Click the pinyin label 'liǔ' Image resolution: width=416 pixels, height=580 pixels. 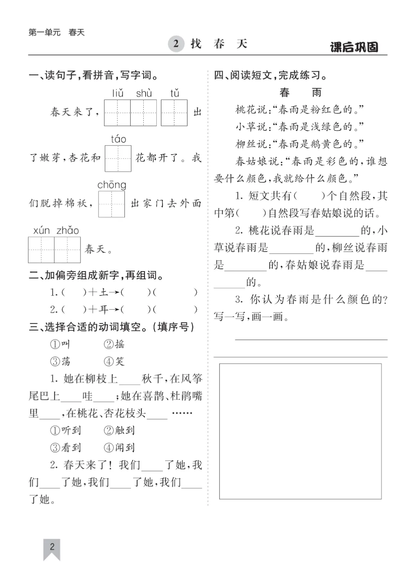[118, 93]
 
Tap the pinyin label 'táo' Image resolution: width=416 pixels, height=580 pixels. [118, 139]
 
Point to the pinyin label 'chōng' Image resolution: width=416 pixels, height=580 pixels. [112, 185]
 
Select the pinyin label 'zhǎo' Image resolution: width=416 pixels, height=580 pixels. [68, 231]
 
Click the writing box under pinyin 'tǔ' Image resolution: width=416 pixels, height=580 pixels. [174, 113]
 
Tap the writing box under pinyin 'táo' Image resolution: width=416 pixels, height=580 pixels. [118, 158]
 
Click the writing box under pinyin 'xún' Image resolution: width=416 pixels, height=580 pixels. [41, 250]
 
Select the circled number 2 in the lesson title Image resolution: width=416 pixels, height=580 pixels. [176, 44]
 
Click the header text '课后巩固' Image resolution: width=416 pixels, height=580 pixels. [354, 47]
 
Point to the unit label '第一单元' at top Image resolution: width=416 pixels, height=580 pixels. [44, 32]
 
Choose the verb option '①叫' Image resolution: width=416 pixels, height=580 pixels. [60, 344]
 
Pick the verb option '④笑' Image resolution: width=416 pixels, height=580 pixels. [114, 361]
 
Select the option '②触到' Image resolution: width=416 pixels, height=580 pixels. [119, 430]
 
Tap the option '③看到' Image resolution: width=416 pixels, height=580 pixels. [65, 448]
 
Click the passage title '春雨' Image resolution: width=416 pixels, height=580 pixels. [300, 93]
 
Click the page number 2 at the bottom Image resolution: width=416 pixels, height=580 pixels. [52, 546]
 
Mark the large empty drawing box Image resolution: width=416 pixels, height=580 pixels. [300, 431]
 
